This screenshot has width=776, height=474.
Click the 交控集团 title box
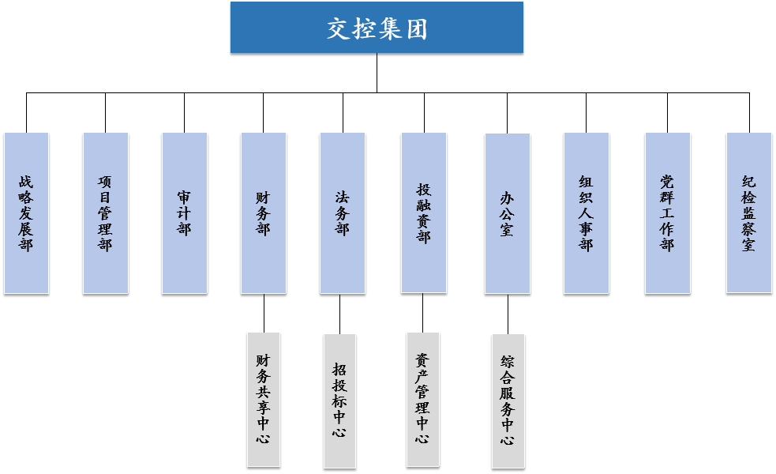coord(377,28)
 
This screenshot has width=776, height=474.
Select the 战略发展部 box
coord(26,213)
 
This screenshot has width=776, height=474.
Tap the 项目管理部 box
coord(105,213)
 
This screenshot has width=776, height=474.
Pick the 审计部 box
coord(184,213)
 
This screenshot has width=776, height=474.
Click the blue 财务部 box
coord(263,213)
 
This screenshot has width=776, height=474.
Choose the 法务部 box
coord(342,213)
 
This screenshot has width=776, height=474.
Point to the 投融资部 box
coord(424,213)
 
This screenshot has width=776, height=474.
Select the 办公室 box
coord(508,213)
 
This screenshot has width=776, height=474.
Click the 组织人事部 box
coord(586,213)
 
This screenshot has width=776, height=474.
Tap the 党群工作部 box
coord(667,213)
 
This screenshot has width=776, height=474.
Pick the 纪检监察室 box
coord(748,213)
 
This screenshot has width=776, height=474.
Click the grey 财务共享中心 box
coord(263,400)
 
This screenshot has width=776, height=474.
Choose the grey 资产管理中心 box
coord(423,399)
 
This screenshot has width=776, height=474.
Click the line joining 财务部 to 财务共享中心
coord(263,314)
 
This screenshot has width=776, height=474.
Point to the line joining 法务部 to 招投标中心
coord(339,314)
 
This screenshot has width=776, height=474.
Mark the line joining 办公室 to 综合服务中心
coord(508,314)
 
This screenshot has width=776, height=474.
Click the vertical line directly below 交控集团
coord(377,73)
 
